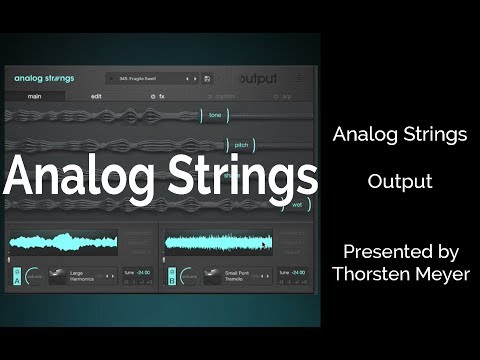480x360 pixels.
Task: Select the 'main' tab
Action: pyautogui.click(x=34, y=97)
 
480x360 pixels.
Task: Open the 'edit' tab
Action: pyautogui.click(x=96, y=97)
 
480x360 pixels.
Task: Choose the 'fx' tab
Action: pyautogui.click(x=159, y=97)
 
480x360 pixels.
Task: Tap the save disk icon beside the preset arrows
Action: pyautogui.click(x=207, y=78)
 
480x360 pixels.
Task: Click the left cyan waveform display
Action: pyautogui.click(x=64, y=242)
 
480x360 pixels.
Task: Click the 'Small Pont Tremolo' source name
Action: pyautogui.click(x=235, y=275)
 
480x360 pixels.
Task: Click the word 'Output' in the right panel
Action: pyautogui.click(x=399, y=182)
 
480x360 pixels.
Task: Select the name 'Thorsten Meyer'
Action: pyautogui.click(x=399, y=271)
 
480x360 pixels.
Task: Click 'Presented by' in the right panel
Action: pyautogui.click(x=399, y=250)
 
